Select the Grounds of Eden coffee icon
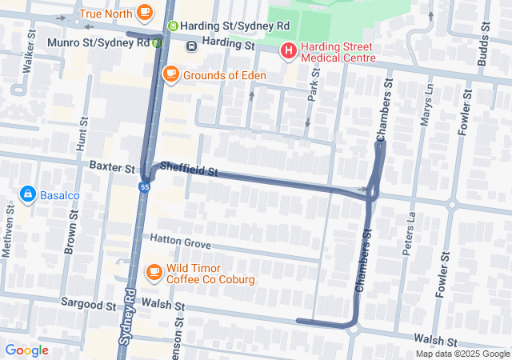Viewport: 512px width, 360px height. (x=170, y=74)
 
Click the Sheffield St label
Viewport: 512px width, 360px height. (x=189, y=170)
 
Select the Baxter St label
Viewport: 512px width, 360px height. (x=112, y=169)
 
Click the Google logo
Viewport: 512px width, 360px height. (x=26, y=350)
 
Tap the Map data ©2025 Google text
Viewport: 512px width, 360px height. (x=462, y=354)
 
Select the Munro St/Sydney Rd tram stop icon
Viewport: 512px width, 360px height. (x=158, y=42)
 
